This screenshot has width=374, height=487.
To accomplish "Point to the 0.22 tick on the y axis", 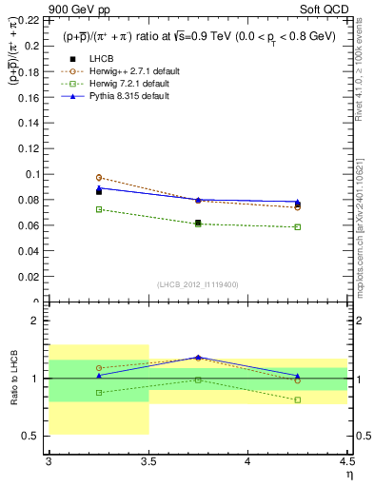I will click(x=30, y=19).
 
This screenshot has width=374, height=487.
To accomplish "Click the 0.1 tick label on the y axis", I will click(x=34, y=174).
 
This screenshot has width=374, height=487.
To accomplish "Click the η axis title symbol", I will click(x=348, y=475).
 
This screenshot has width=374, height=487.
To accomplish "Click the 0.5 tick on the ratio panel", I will click(x=34, y=437).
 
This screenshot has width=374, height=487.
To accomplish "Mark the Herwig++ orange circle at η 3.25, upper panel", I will click(x=99, y=177).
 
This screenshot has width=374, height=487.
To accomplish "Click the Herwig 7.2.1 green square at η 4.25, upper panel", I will click(x=298, y=226).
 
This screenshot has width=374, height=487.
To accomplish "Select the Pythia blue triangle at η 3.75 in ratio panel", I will click(x=198, y=357).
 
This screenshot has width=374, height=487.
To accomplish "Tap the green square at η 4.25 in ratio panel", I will click(x=298, y=399).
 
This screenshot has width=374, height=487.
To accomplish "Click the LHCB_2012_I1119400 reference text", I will click(x=198, y=284).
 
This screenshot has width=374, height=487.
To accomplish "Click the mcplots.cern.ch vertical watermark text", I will click(x=365, y=228).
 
